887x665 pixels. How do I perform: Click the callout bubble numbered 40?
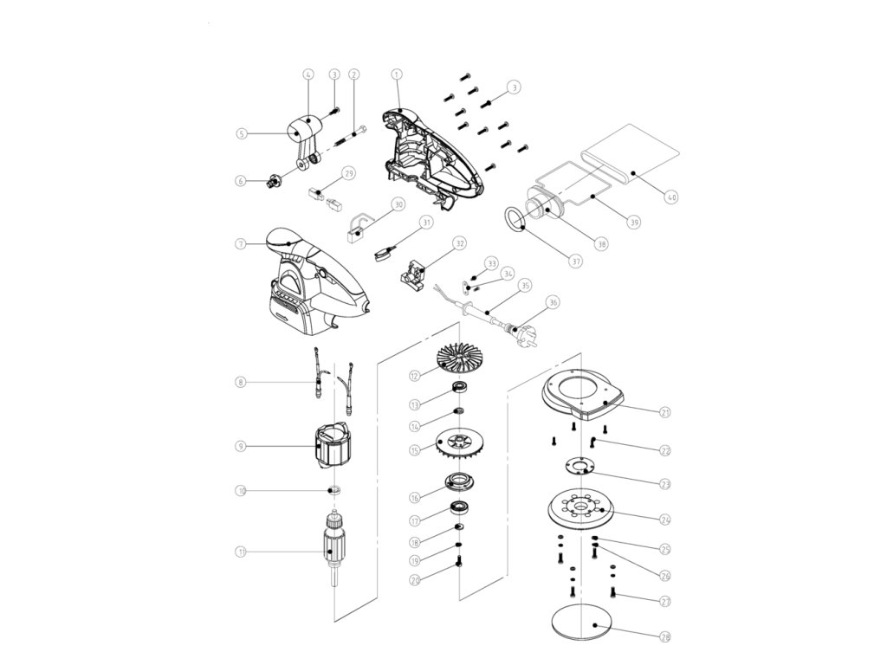(x=671, y=197)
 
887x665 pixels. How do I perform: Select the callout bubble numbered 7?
(x=242, y=244)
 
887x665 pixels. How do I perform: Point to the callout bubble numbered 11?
(x=242, y=551)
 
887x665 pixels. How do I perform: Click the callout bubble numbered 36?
(x=554, y=303)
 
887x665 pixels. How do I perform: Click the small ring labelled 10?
(x=333, y=491)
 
